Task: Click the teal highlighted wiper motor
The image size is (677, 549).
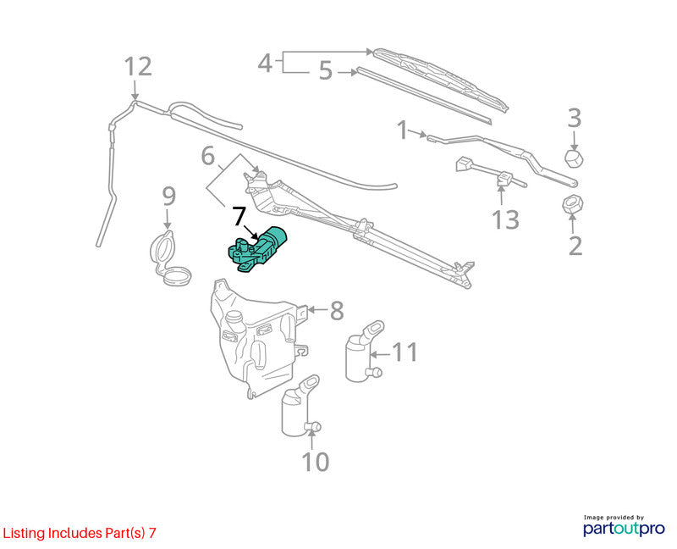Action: click(x=257, y=251)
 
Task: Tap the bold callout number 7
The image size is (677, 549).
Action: click(x=240, y=216)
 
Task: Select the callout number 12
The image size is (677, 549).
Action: click(x=138, y=67)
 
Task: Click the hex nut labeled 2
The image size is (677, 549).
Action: click(x=573, y=204)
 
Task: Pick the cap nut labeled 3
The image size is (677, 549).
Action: click(x=575, y=158)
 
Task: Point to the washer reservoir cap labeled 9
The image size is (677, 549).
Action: click(x=169, y=258)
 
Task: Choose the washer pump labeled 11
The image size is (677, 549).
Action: click(x=363, y=352)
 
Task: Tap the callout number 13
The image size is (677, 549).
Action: click(x=505, y=219)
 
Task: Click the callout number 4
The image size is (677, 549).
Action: click(x=265, y=64)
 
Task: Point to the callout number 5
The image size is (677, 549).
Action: click(x=326, y=70)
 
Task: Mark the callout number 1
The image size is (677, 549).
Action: click(x=403, y=130)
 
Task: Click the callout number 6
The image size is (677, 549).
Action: click(x=208, y=156)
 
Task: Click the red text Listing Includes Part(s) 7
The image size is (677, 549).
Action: click(x=79, y=533)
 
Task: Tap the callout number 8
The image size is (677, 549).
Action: click(x=337, y=311)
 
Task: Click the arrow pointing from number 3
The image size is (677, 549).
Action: click(x=575, y=140)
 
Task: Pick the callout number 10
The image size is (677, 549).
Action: click(x=316, y=462)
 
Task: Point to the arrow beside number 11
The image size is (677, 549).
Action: click(x=380, y=354)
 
